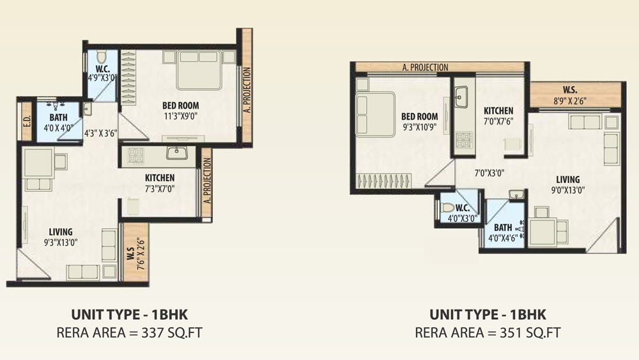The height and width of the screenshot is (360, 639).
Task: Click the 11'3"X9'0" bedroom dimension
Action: (181, 116)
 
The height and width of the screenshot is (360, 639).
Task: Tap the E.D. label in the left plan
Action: (27, 121)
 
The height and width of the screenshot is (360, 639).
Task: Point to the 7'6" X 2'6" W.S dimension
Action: (141, 254)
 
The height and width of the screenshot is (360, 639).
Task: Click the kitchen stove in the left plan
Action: (135, 155)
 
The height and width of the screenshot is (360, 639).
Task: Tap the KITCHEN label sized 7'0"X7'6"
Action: (498, 111)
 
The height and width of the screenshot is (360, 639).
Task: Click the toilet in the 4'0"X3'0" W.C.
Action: (447, 208)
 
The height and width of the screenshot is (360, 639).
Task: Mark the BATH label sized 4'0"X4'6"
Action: (503, 228)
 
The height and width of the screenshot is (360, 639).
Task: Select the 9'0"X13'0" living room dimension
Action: (568, 189)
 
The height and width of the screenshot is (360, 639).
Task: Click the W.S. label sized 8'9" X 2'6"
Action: (570, 90)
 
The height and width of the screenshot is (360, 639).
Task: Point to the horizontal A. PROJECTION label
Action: (425, 67)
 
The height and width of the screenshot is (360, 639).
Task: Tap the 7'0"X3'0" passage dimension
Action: (489, 173)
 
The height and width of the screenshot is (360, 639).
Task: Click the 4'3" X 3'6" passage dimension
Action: (101, 133)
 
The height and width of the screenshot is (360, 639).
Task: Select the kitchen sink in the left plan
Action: (176, 153)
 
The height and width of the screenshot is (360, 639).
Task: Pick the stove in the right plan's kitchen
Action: (465, 139)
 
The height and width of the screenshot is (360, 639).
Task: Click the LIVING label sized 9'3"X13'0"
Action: (61, 232)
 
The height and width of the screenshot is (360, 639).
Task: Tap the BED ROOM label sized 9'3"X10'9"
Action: (419, 116)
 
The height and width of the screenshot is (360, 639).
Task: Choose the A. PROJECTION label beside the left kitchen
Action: (208, 180)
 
